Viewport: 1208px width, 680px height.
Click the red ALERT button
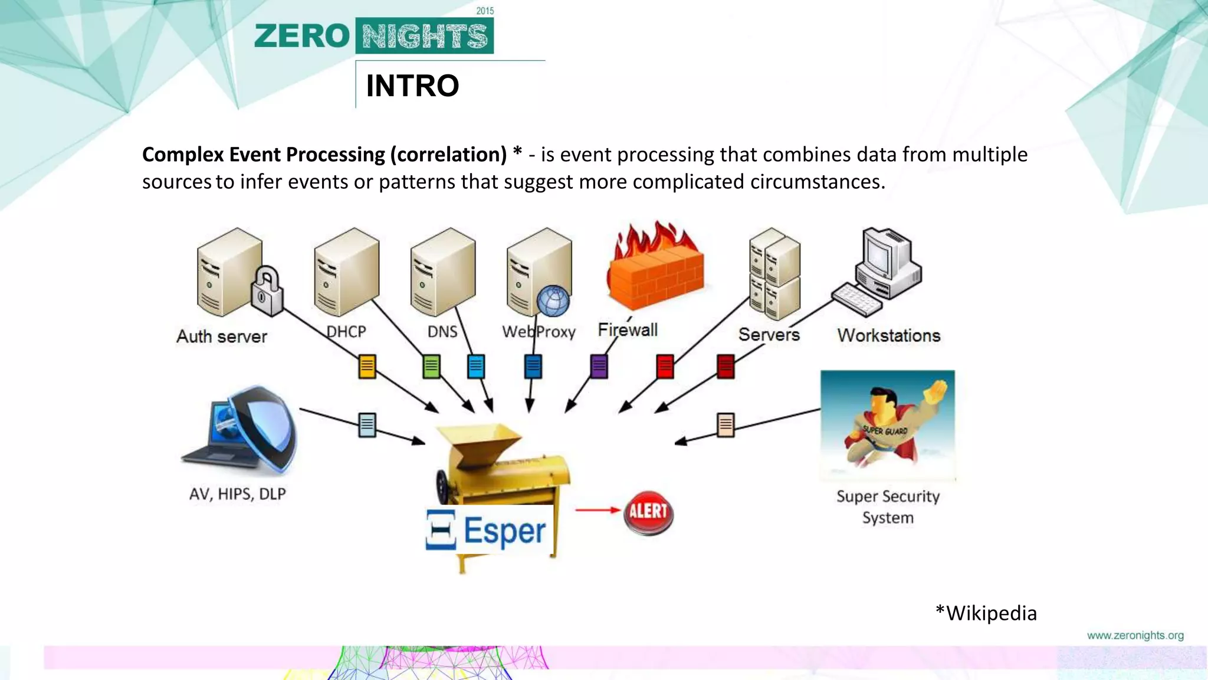[x=648, y=512]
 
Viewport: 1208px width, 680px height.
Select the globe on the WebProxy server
[x=553, y=300]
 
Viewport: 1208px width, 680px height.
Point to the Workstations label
[x=888, y=335]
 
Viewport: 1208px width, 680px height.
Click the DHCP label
[x=346, y=331]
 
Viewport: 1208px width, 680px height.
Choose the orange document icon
[x=367, y=367]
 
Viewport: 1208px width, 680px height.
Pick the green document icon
[x=431, y=367]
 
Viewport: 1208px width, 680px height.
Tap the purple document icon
[x=599, y=367]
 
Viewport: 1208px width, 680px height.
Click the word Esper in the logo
[x=504, y=531]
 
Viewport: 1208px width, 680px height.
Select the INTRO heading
[x=412, y=86]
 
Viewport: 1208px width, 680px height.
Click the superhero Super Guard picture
[x=887, y=426]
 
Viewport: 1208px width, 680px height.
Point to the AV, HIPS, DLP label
[x=237, y=493]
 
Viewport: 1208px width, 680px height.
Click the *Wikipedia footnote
[x=986, y=613]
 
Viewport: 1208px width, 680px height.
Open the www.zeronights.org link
[x=1135, y=635]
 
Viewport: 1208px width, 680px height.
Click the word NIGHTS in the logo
[x=425, y=37]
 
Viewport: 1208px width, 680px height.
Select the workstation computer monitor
[x=880, y=255]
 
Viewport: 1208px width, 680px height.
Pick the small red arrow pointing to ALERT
[x=598, y=510]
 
